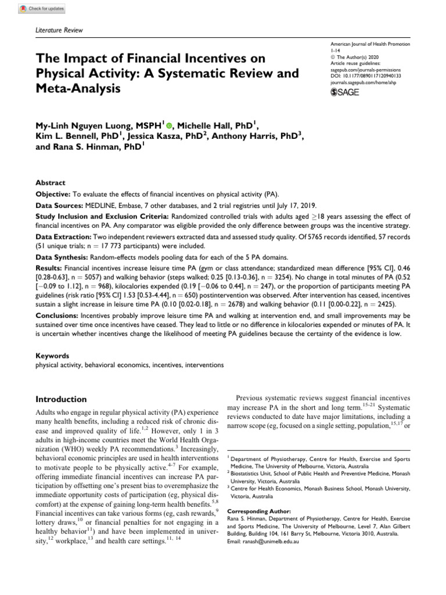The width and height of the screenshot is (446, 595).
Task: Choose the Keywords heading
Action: [x=53, y=356]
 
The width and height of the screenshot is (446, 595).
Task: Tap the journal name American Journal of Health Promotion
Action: [x=369, y=45]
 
